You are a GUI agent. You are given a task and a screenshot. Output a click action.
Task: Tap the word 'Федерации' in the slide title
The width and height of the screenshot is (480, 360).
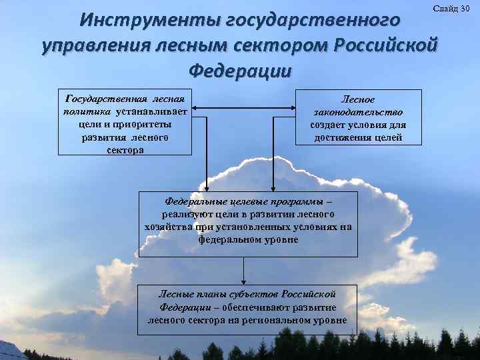[240, 69]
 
